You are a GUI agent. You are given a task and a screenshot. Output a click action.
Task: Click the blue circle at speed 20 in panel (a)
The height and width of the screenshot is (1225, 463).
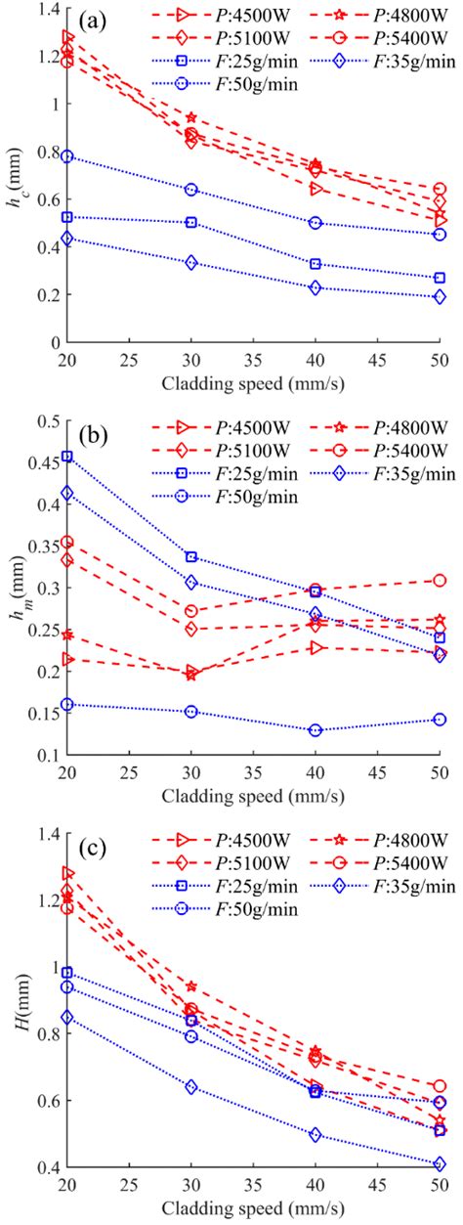pyautogui.click(x=67, y=156)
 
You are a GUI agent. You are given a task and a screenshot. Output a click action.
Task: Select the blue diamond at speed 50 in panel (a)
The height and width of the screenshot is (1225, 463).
pyautogui.click(x=440, y=297)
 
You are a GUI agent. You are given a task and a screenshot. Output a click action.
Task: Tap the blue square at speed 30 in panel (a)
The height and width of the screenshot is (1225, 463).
pyautogui.click(x=191, y=222)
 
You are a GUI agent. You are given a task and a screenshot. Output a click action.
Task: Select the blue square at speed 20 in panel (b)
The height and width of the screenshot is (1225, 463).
pyautogui.click(x=67, y=456)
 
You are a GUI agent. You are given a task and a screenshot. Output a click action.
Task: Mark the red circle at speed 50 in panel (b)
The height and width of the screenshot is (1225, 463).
pyautogui.click(x=440, y=581)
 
